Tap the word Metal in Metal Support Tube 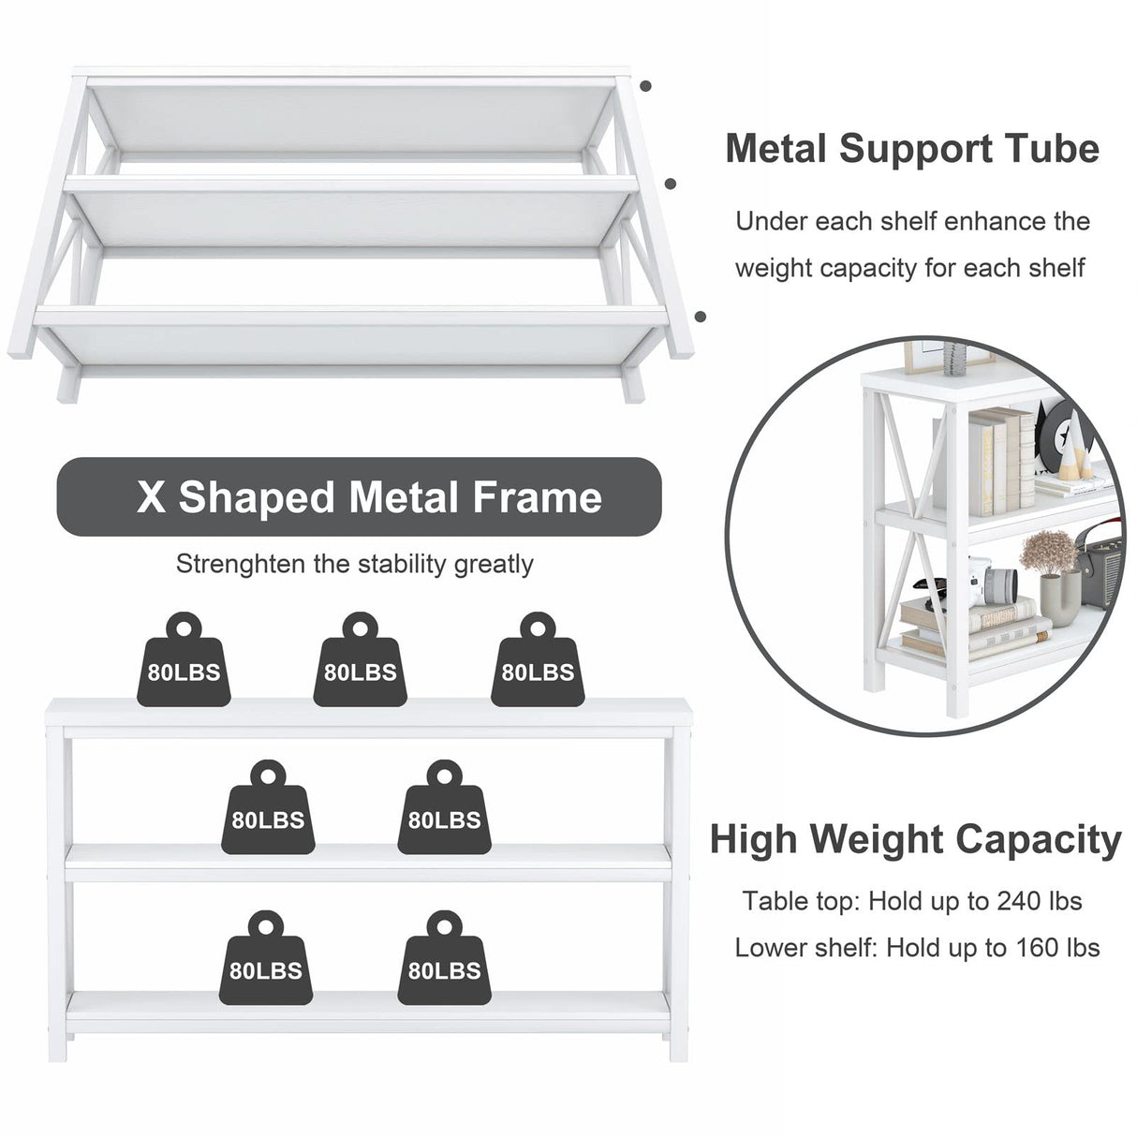pyautogui.click(x=775, y=149)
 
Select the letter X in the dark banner pyautogui.click(x=151, y=496)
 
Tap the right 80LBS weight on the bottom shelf pyautogui.click(x=444, y=958)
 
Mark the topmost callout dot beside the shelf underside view pyautogui.click(x=646, y=86)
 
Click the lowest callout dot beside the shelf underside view pyautogui.click(x=701, y=317)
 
